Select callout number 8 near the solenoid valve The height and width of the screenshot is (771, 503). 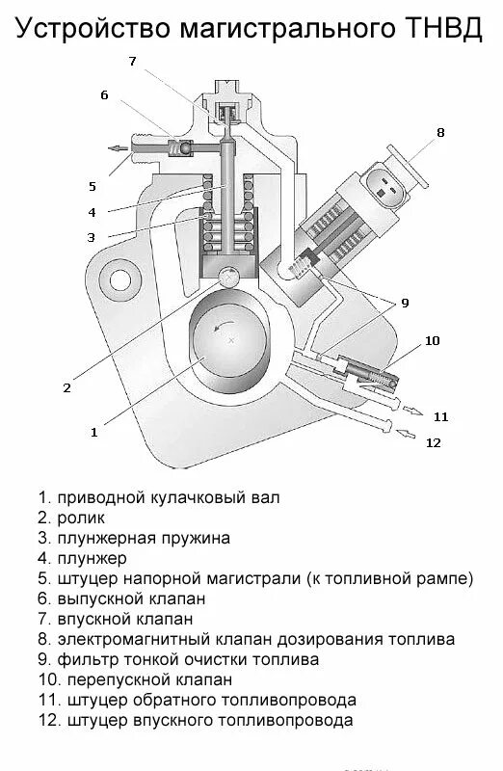440,133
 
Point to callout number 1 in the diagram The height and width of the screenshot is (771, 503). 93,433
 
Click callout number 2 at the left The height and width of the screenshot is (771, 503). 66,388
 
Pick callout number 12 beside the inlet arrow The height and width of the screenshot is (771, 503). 434,442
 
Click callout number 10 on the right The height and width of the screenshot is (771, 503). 432,340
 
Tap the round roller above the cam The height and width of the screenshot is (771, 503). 229,277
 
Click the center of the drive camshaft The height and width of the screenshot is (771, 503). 230,341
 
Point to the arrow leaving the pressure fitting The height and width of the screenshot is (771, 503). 117,148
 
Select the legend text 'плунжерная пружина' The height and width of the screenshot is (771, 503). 144,539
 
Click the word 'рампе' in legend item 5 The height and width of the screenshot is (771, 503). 446,579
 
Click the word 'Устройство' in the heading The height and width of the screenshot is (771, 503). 93,29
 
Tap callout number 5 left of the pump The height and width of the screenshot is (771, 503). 93,186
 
